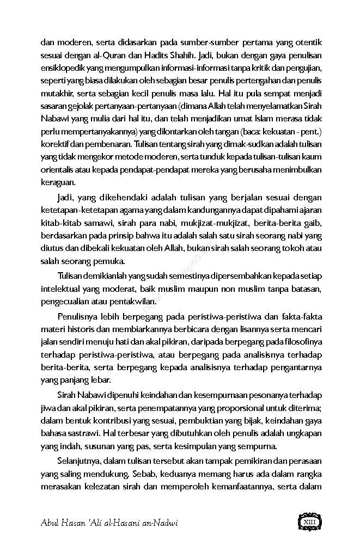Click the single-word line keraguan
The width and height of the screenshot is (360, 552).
(x=58, y=182)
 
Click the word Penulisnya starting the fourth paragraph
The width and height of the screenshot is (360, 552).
(x=79, y=317)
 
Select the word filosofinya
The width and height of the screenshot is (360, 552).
(x=298, y=343)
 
